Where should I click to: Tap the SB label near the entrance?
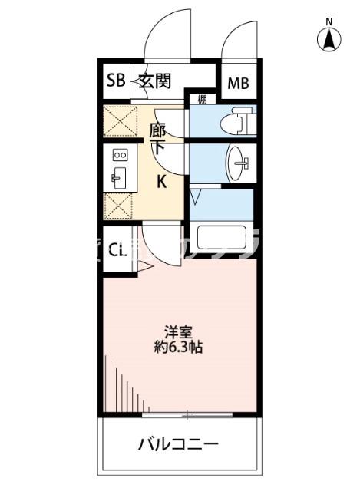click(116, 81)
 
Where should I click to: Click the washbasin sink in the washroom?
click(239, 162)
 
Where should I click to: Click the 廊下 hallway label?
click(157, 138)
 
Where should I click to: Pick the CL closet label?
click(117, 250)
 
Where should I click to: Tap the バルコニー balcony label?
click(179, 444)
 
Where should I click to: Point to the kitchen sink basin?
click(119, 180)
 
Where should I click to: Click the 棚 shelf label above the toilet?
click(201, 99)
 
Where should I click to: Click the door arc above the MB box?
click(238, 40)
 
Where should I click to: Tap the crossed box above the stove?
click(119, 121)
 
